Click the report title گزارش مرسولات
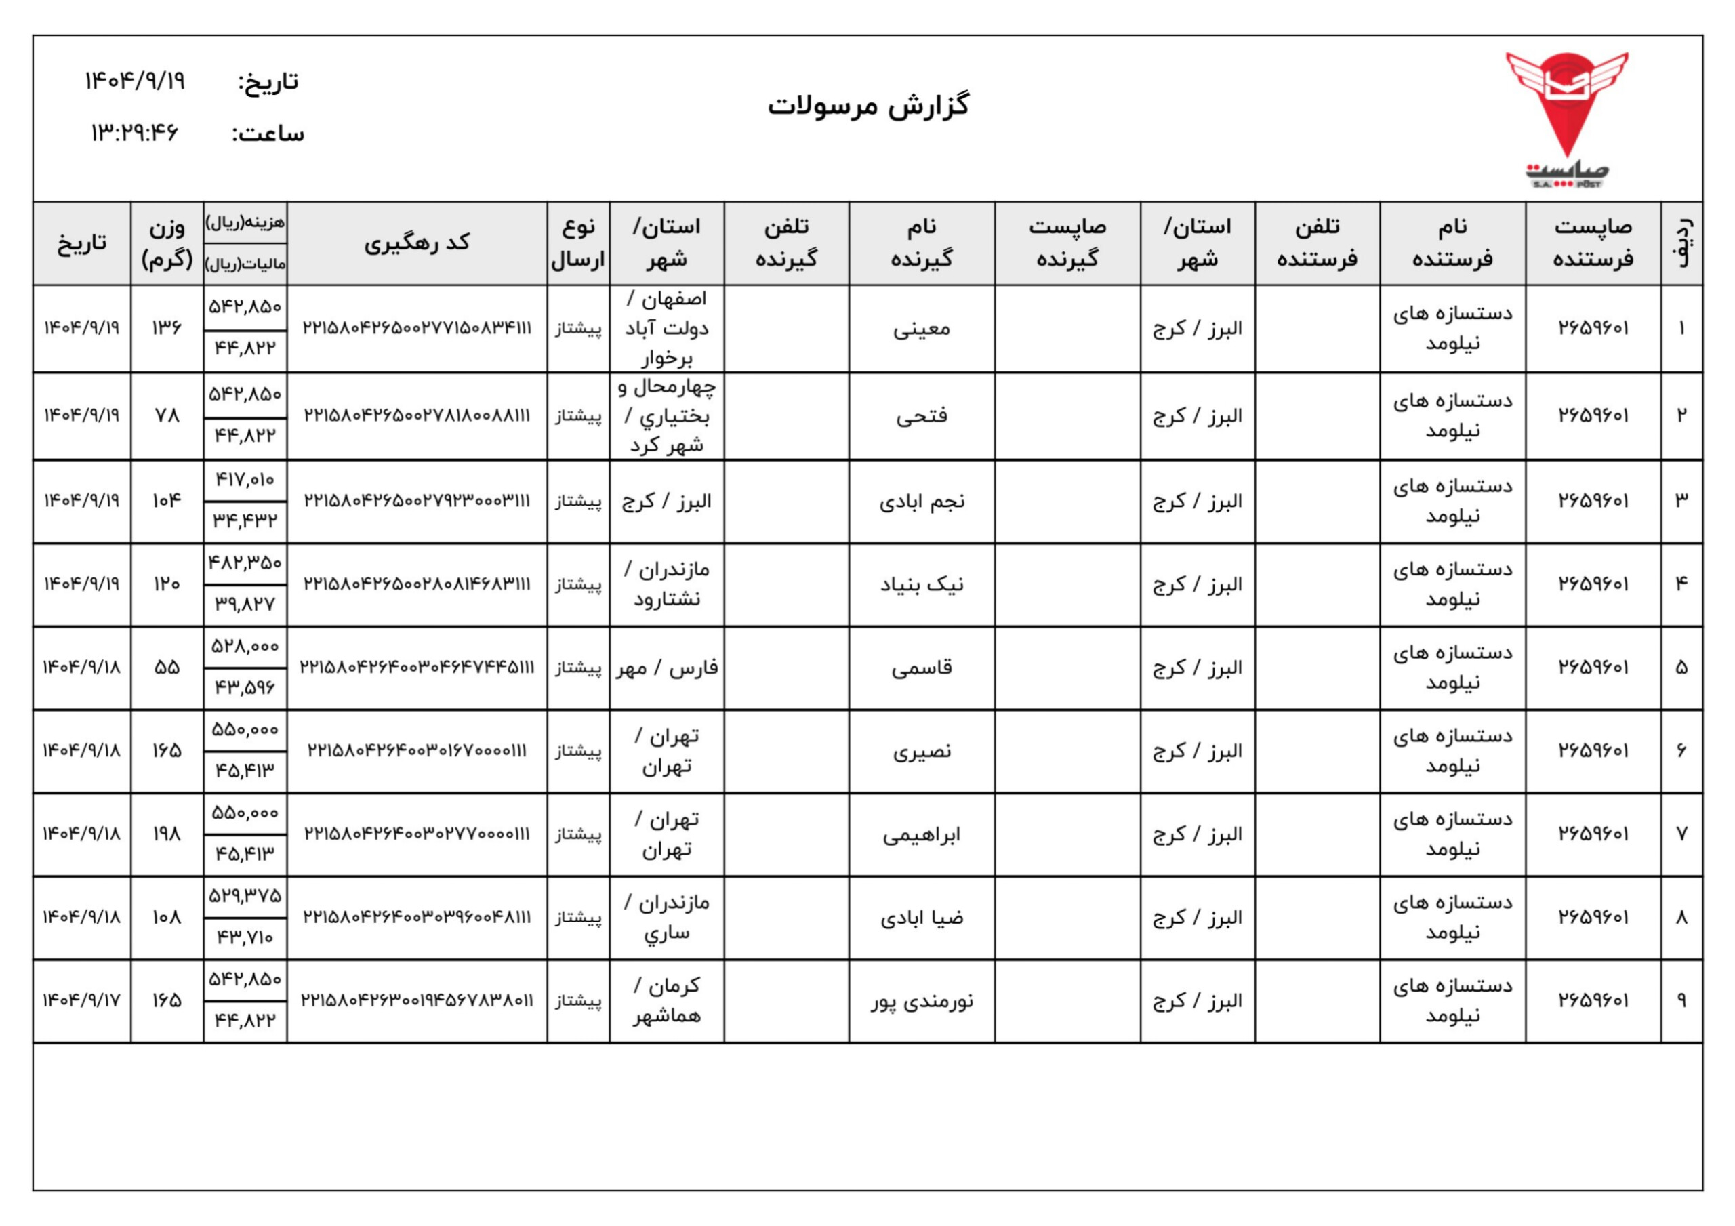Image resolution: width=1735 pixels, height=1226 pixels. (x=868, y=106)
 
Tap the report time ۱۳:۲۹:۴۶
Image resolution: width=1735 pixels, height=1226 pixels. (x=134, y=133)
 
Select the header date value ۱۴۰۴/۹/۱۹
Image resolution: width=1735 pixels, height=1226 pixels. (x=134, y=80)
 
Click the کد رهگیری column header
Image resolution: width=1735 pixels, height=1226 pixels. (x=416, y=243)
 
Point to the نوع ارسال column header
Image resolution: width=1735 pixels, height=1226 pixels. (x=578, y=243)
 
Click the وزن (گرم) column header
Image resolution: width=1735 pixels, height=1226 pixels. (x=166, y=243)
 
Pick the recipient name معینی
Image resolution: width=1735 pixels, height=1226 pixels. (x=921, y=329)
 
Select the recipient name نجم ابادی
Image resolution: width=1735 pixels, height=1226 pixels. (x=921, y=501)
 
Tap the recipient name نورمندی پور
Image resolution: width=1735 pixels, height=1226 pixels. (x=921, y=1002)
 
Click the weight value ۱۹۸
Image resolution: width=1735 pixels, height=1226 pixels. (x=166, y=834)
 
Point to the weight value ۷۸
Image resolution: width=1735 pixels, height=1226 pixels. (x=166, y=415)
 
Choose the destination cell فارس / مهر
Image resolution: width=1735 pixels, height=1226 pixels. (x=666, y=668)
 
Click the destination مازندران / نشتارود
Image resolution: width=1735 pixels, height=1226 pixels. (x=666, y=584)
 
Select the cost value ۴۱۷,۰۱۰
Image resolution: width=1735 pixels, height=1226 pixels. (x=245, y=480)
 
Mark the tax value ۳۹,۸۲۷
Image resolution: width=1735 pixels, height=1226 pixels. (x=245, y=605)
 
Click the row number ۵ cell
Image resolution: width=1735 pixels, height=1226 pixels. (x=1681, y=668)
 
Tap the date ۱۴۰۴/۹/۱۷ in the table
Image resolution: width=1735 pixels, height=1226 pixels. (x=81, y=1002)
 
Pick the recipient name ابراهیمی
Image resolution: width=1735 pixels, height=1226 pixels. (x=921, y=834)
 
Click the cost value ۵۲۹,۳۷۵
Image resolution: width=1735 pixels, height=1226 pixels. (x=245, y=897)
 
